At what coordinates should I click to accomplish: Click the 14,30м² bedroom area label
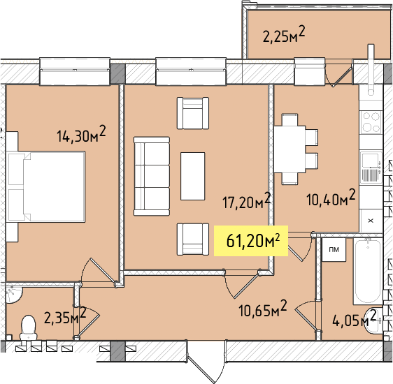[81, 134]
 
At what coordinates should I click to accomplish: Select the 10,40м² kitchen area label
[331, 198]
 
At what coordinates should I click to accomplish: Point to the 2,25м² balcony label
[284, 34]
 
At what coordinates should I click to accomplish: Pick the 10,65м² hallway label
[263, 309]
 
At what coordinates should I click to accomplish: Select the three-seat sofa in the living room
[152, 176]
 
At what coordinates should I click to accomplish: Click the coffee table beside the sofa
[193, 177]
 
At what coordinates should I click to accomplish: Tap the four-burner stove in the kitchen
[371, 123]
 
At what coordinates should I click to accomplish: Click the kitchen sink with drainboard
[371, 168]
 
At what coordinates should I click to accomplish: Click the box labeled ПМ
[334, 250]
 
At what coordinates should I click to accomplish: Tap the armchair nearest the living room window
[193, 113]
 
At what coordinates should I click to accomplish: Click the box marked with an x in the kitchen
[371, 221]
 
